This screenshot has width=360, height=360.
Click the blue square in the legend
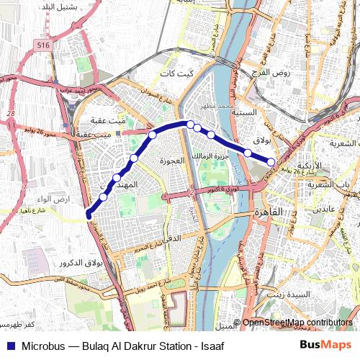(10, 346)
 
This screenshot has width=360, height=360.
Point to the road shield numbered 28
(11, 113)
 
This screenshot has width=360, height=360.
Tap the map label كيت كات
(176, 74)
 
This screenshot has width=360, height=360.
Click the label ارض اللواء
(35, 199)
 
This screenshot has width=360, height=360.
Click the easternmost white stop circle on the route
(271, 161)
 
